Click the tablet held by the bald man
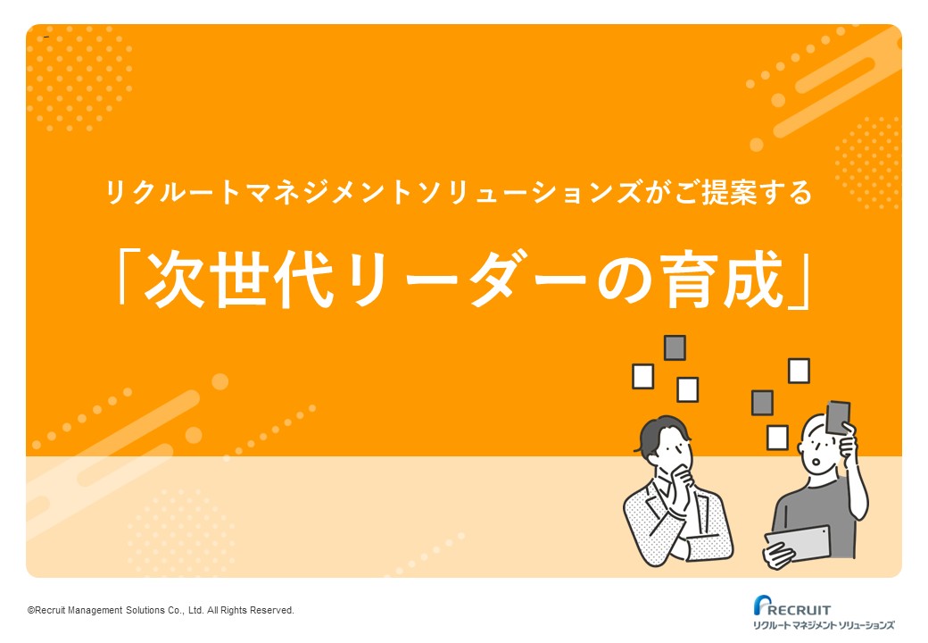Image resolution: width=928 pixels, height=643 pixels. click(799, 543)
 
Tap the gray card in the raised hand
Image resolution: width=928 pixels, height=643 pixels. click(837, 417)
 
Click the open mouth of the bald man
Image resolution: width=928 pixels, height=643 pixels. click(818, 462)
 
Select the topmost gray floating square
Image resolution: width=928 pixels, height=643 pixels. click(675, 347)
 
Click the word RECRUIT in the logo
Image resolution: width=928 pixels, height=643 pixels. click(800, 610)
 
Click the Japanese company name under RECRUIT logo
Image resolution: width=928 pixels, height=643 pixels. click(824, 625)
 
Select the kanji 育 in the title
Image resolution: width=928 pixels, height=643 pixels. click(686, 280)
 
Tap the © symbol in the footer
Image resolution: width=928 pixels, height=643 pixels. click(31, 611)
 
